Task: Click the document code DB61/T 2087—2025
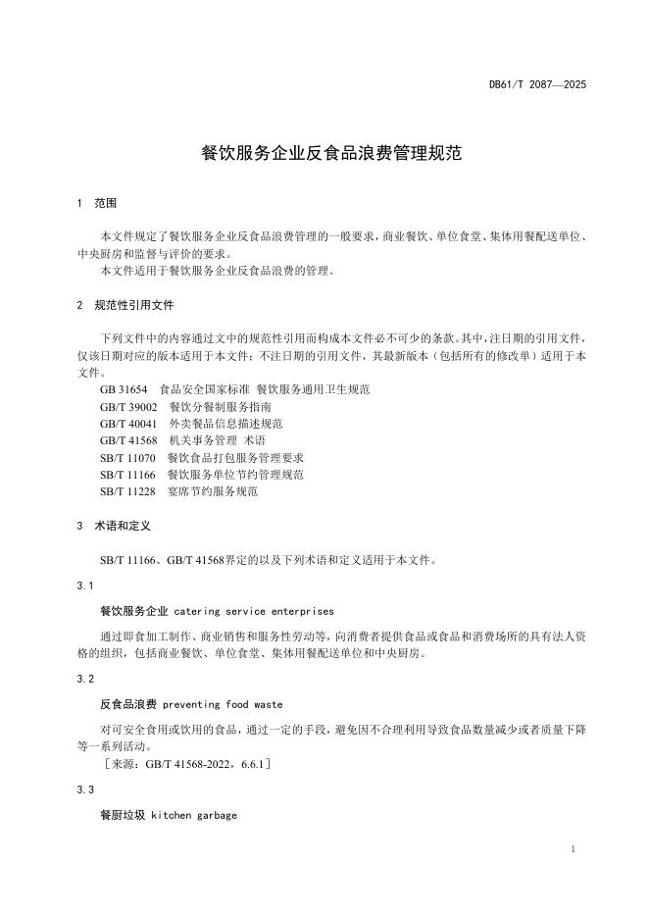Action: [537, 85]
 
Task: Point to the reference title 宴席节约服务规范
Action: [213, 491]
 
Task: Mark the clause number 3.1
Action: [84, 586]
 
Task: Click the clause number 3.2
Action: [84, 679]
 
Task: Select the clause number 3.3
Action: [84, 789]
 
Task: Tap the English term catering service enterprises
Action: [254, 610]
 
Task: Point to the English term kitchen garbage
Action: [193, 815]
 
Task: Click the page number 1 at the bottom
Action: [572, 849]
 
